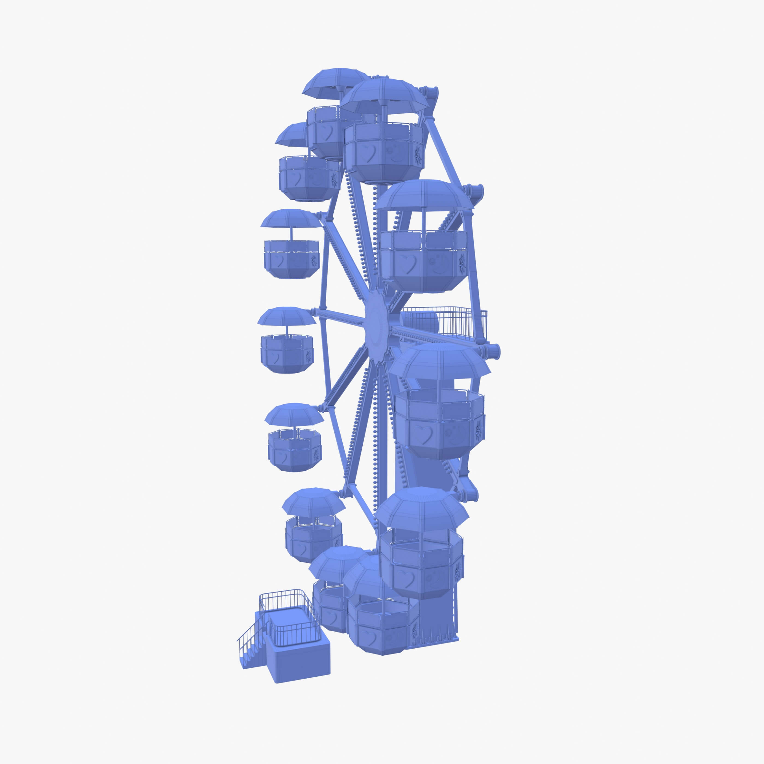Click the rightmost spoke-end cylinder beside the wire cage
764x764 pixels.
click(492, 351)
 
